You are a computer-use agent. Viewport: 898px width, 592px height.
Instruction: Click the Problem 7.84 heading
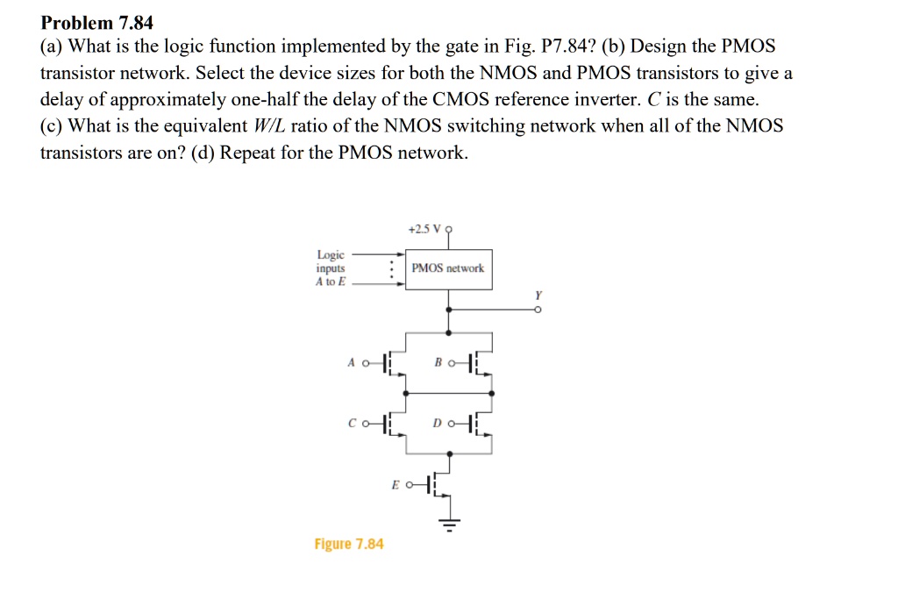coord(96,23)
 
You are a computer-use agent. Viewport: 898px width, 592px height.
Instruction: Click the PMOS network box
coord(448,269)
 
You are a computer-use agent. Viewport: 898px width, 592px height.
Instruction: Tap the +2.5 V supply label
coord(424,229)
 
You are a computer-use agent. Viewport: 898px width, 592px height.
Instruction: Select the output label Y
coord(538,296)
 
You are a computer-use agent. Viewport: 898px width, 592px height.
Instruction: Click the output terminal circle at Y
coord(538,310)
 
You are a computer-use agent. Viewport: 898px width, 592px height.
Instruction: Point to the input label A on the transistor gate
coord(351,362)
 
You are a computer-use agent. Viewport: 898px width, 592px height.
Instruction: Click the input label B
coord(438,362)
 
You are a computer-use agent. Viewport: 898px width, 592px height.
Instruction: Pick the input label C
coord(352,424)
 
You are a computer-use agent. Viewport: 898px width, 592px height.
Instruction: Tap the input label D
coord(438,424)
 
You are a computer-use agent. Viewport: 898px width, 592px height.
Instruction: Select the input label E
coord(396,485)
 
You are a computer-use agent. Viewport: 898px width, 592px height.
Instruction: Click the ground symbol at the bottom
coord(450,524)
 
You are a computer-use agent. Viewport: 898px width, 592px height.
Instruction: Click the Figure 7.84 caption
coord(349,544)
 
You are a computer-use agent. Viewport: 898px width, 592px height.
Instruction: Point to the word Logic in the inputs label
coord(331,254)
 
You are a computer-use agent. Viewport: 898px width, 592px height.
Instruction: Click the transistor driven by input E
coord(438,485)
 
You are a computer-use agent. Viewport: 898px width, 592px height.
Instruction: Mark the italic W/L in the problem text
coord(268,125)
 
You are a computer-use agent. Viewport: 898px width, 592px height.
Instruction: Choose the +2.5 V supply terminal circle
coord(448,229)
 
